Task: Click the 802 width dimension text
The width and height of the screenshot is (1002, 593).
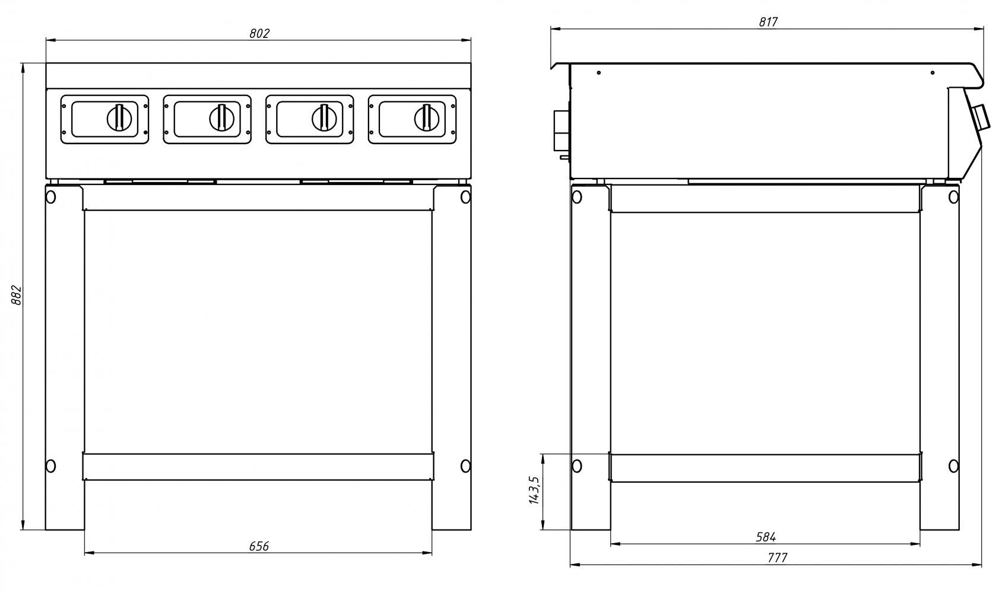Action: [259, 34]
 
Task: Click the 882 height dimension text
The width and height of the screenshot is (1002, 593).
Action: [17, 295]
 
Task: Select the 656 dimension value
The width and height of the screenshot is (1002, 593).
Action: [259, 546]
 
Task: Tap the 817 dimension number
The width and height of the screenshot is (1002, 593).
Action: [768, 22]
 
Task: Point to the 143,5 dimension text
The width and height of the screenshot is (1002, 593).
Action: [534, 490]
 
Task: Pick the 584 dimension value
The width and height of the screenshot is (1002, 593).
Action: [766, 537]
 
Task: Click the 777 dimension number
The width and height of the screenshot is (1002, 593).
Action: [777, 558]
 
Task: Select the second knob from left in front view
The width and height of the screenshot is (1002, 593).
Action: [221, 117]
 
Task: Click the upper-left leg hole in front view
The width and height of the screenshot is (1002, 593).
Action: [51, 196]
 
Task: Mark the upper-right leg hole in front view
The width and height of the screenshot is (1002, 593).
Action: [465, 196]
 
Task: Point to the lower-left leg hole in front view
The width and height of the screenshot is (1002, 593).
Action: [51, 466]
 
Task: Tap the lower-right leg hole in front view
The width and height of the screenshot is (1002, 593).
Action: [465, 466]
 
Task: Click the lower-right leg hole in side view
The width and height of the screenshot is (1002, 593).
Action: [953, 466]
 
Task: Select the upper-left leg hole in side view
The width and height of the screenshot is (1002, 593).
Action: [576, 196]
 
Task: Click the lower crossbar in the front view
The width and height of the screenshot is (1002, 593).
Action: [258, 467]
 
